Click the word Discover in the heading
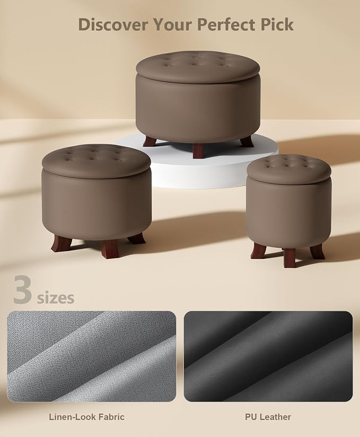[112, 24]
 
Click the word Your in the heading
[172, 24]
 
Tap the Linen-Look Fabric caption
[87, 417]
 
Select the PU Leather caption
[268, 417]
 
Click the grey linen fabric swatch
[92, 356]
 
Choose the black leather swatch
[268, 356]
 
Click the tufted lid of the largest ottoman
[198, 67]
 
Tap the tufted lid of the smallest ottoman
[289, 169]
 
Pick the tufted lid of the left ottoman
[96, 160]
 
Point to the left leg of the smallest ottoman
[257, 250]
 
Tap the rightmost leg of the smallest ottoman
[318, 251]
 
